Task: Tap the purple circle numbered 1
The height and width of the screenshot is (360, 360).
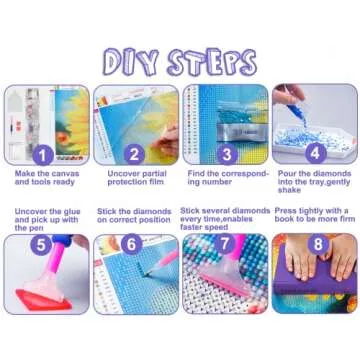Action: coord(41,155)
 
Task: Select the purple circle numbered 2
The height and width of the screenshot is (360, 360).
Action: coord(134,155)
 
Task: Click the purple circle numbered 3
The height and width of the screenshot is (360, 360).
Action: coord(226,155)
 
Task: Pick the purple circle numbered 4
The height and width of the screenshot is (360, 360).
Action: coord(316,155)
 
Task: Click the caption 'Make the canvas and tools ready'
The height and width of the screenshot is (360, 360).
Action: coord(45,181)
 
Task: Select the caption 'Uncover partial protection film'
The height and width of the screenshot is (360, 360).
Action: coord(134,181)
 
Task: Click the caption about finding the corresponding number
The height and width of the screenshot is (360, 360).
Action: coord(225,181)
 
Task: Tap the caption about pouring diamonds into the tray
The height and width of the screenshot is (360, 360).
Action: coord(315,185)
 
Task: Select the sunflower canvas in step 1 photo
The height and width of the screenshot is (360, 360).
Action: coord(70,120)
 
